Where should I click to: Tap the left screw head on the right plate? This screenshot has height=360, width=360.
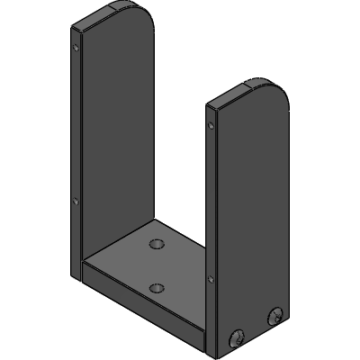pos(238,338)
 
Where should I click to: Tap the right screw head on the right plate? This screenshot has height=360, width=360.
pos(274,316)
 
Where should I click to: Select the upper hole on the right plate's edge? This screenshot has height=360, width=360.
pos(211,125)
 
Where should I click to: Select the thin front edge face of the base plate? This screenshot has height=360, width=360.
pos(144,306)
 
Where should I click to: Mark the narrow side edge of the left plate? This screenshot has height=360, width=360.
pos(76,135)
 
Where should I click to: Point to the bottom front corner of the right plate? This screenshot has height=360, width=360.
pos(216,353)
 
